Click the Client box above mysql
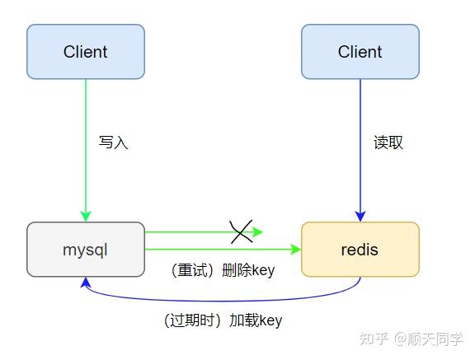coord(85,51)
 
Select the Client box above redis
coord(360,51)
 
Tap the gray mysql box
coord(85,249)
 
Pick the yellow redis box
coord(360,249)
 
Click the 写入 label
coord(113,143)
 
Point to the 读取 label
coord(388,143)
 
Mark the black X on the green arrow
coord(240,232)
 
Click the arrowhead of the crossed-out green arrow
coord(257,232)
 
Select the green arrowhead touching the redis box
coord(295,248)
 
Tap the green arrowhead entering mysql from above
coord(85,216)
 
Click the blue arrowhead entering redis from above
coord(360,216)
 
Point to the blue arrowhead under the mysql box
coord(85,283)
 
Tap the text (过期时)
coord(192,320)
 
